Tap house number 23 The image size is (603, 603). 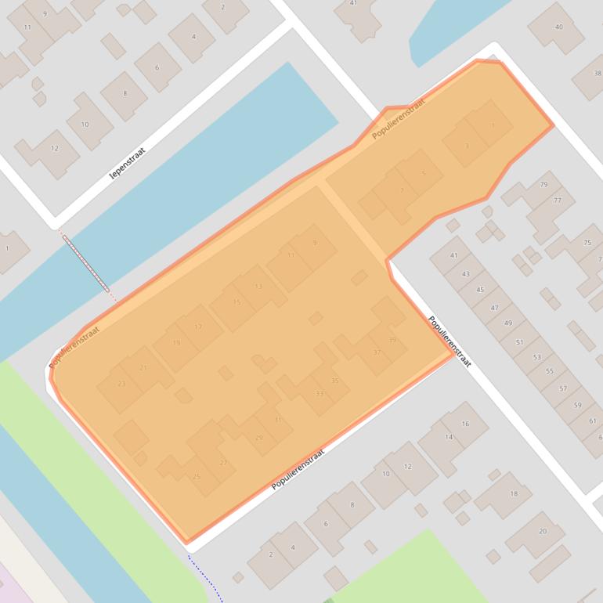point(121,384)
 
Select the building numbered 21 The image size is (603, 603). point(143,367)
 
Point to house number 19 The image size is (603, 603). point(176,343)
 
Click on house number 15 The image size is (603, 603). point(237,302)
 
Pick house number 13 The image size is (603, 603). point(258,287)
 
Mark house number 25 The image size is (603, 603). point(197,476)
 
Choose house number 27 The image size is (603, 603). point(223,462)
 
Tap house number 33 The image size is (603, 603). point(320,393)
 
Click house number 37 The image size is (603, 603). point(377,352)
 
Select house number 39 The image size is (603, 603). point(392,340)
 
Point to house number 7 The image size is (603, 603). point(402,190)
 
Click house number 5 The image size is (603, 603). point(424,173)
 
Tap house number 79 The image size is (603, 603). point(543,185)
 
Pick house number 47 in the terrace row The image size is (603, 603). point(494,308)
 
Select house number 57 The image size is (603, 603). point(563,388)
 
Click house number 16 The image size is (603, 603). point(465,424)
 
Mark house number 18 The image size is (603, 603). point(514,493)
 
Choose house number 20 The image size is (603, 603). point(542,531)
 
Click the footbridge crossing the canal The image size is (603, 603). point(86,262)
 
